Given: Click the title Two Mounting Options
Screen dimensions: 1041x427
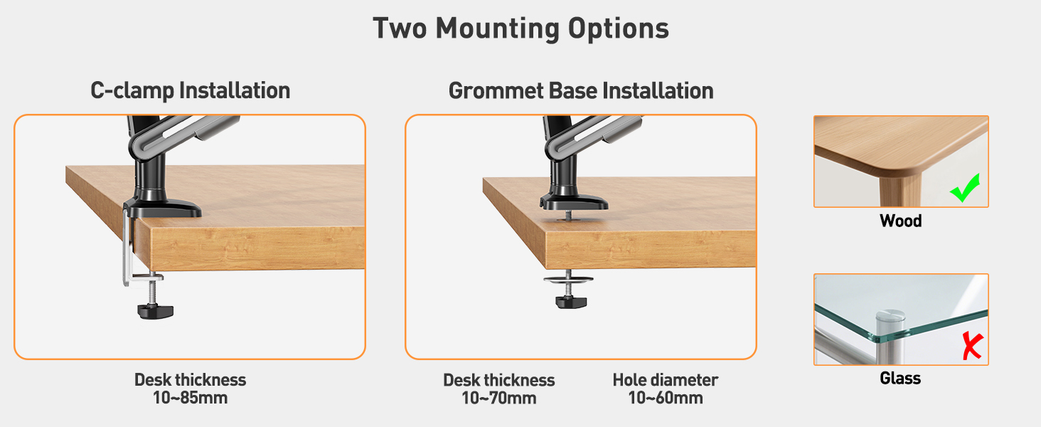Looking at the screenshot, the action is pyautogui.click(x=520, y=29).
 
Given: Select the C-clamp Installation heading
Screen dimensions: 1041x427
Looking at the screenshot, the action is pyautogui.click(x=190, y=90).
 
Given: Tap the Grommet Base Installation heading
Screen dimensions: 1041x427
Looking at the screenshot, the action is pyautogui.click(x=581, y=90).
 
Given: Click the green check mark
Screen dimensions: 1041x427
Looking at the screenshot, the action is pyautogui.click(x=965, y=188).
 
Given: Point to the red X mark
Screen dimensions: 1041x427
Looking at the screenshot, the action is pyautogui.click(x=972, y=346).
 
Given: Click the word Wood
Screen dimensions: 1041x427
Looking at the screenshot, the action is pyautogui.click(x=901, y=221).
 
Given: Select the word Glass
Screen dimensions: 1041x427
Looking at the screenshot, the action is pyautogui.click(x=900, y=378).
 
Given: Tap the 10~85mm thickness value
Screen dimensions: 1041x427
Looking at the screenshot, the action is pyautogui.click(x=190, y=398).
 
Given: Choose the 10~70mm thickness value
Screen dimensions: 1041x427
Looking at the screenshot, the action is pyautogui.click(x=498, y=398).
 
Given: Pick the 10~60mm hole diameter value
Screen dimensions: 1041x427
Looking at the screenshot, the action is pyautogui.click(x=666, y=398).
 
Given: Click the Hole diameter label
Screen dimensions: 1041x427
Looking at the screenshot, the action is pyautogui.click(x=666, y=380).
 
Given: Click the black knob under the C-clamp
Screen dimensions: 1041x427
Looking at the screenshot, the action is pyautogui.click(x=156, y=311).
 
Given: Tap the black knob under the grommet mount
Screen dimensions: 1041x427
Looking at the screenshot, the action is pyautogui.click(x=571, y=302).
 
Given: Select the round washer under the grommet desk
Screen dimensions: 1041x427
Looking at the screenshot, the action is pyautogui.click(x=568, y=280).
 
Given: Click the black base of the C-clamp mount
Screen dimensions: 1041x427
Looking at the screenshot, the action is pyautogui.click(x=164, y=208).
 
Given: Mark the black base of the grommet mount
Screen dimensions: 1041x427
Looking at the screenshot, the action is pyautogui.click(x=574, y=202).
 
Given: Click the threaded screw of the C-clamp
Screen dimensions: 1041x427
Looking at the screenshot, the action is pyautogui.click(x=152, y=293).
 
